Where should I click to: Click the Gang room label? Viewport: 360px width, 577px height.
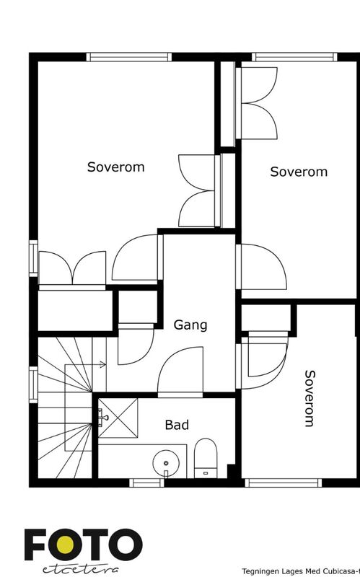tap(190, 325)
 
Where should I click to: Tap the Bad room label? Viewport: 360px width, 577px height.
tap(177, 425)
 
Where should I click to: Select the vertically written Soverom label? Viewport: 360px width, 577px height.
tap(310, 398)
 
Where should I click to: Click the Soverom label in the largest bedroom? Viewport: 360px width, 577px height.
tap(115, 167)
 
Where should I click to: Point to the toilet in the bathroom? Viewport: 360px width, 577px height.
tap(206, 458)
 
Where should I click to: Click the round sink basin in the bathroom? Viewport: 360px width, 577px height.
tap(166, 463)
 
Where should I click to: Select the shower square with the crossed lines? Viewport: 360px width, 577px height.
tap(118, 418)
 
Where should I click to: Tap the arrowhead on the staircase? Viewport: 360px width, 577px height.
tap(103, 365)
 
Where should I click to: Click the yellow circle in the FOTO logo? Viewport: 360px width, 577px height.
tap(66, 545)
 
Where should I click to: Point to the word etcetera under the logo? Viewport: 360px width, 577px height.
tap(81, 569)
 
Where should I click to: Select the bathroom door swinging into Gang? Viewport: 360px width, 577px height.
tap(180, 371)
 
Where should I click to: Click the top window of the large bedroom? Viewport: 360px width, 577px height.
tap(129, 57)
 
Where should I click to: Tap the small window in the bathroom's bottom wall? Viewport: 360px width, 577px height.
tap(146, 483)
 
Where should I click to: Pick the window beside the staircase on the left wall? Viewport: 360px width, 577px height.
tap(33, 384)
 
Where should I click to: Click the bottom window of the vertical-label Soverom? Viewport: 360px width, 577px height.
tap(284, 483)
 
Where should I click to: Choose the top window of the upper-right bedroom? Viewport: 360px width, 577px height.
tap(294, 57)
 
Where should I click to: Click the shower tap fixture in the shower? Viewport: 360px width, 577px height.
tap(102, 418)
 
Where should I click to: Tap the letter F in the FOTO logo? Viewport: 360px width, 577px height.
tap(35, 545)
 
